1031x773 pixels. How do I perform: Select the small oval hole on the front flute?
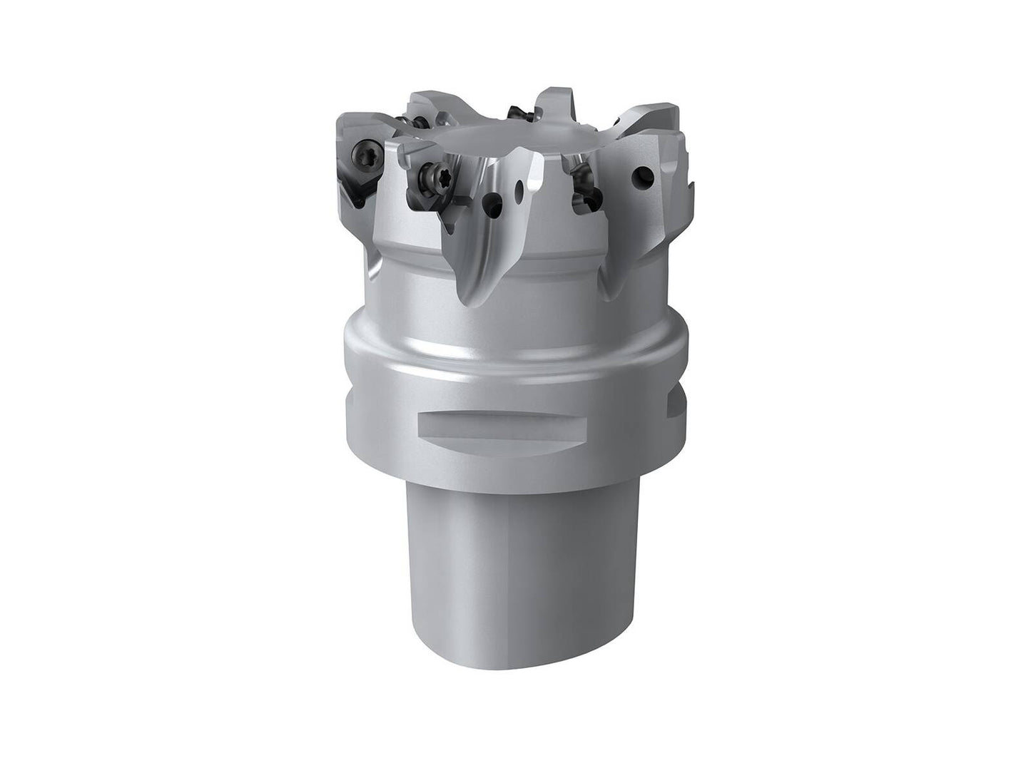(x=520, y=188)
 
